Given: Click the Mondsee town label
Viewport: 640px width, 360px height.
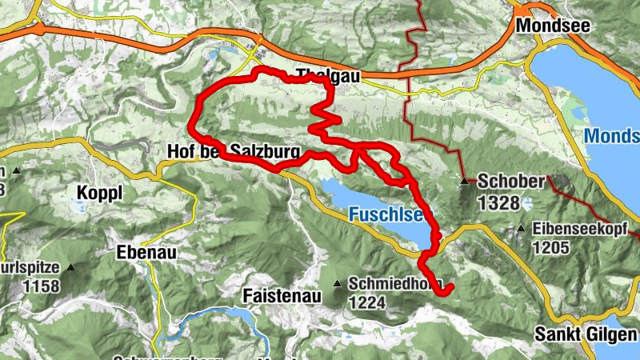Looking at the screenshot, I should point(553,26).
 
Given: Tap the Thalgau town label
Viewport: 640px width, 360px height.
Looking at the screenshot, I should point(329,76).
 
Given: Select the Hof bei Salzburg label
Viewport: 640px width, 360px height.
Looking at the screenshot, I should point(233,150).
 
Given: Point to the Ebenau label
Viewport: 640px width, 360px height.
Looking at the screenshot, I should point(145,252).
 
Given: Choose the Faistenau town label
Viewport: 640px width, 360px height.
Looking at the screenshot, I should point(282,296).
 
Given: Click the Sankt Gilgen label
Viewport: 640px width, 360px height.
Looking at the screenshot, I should point(587,334).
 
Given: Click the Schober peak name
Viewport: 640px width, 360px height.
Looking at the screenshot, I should point(511,182).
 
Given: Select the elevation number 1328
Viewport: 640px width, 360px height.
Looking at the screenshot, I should point(499,203).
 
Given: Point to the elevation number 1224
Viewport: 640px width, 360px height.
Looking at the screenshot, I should point(368,302).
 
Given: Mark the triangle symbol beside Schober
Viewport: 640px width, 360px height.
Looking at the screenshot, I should point(465,181).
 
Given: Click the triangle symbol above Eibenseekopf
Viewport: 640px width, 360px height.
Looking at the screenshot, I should point(522,229).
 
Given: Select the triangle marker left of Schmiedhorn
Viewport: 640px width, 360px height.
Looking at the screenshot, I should point(338,283).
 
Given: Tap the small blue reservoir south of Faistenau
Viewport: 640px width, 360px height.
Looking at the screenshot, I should point(216,318).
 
